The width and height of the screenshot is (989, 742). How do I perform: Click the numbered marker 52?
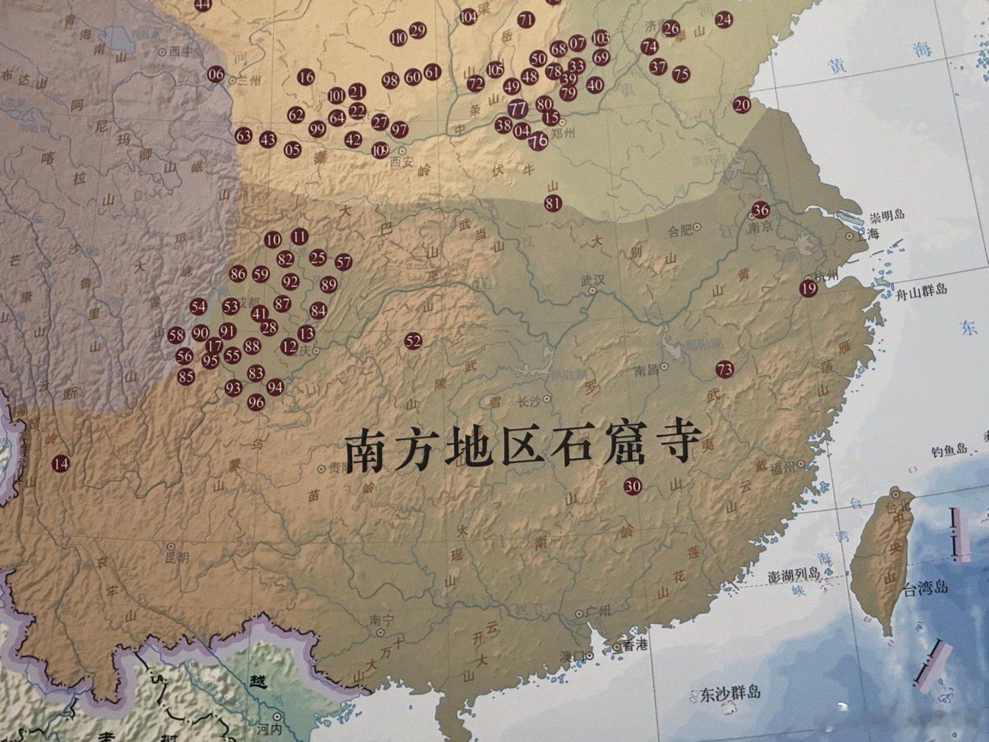coord(413,341)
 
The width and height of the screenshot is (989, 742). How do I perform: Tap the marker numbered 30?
coord(633,486)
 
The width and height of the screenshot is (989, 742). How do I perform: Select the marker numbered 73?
coord(724,369)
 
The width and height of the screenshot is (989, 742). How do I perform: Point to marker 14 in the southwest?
coord(61,464)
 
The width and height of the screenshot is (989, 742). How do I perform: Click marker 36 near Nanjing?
coord(760,210)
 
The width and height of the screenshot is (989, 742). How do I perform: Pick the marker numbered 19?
coord(808,289)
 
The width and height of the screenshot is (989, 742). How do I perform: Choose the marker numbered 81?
coord(553,202)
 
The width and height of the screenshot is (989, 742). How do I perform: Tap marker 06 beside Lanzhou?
coord(216,74)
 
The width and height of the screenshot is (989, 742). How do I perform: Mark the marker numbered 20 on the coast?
coord(742,104)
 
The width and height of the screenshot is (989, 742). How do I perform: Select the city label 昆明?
coord(177,557)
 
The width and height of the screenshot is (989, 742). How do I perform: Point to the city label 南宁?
coord(382,620)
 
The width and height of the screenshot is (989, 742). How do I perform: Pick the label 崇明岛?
coord(887,216)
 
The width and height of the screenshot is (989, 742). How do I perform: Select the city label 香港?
coord(629,647)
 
